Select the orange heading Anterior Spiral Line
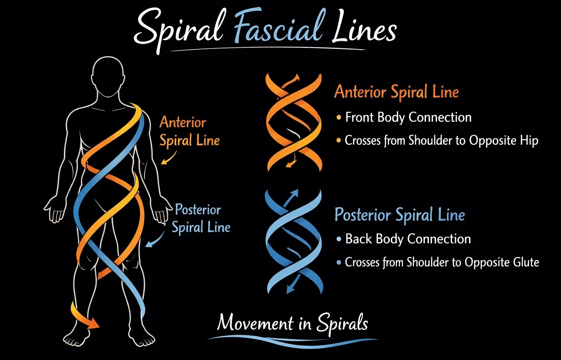(396, 92)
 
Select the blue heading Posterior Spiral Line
(399, 215)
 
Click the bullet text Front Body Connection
(408, 117)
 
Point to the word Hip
(529, 141)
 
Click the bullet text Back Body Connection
(408, 239)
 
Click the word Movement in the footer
(255, 323)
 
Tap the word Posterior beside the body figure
(198, 210)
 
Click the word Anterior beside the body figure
(182, 122)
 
